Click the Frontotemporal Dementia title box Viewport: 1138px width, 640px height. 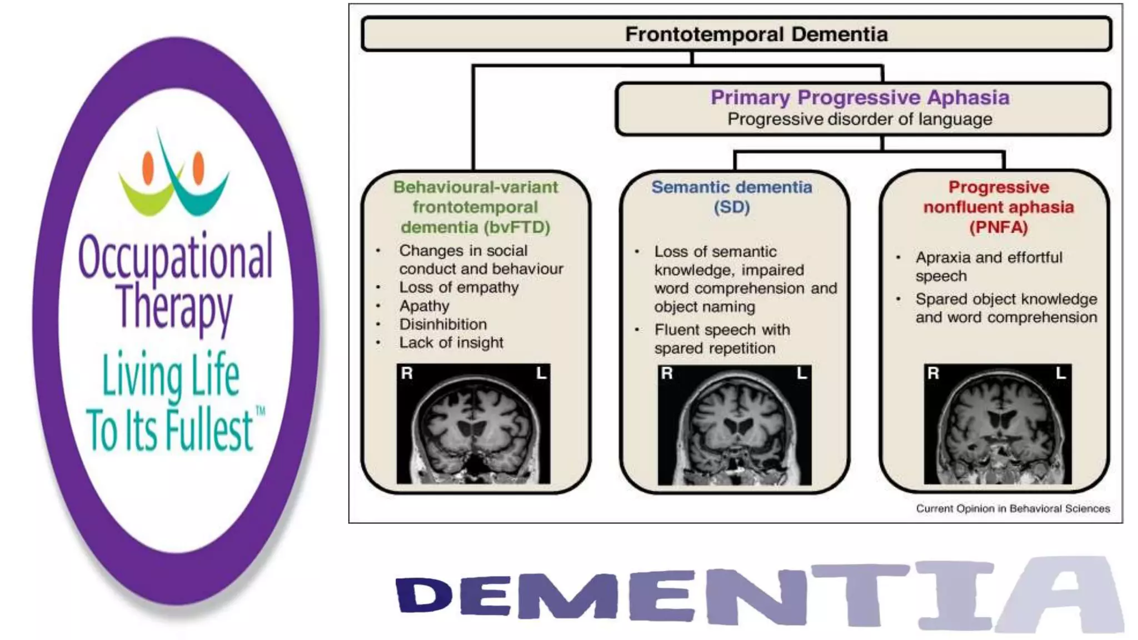(736, 34)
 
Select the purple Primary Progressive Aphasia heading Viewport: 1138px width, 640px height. (860, 97)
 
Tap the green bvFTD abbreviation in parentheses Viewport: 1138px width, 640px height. (517, 227)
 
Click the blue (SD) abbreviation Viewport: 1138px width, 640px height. (732, 207)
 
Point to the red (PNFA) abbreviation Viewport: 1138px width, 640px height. (999, 227)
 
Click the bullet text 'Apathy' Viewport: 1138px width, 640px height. (424, 306)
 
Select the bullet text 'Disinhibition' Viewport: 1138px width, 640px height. (443, 324)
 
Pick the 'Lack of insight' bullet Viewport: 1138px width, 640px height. (451, 343)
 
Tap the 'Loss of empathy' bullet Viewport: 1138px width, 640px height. (459, 288)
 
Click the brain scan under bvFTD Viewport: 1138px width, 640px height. (473, 424)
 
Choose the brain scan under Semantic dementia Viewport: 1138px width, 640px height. (734, 425)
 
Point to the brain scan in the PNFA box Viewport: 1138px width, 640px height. (997, 424)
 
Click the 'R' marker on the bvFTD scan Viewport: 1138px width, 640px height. (407, 373)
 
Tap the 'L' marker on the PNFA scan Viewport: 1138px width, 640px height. (1061, 373)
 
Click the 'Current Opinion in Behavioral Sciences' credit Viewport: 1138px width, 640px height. (1012, 508)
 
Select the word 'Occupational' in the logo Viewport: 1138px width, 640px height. (176, 257)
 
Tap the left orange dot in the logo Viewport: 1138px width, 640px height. (148, 168)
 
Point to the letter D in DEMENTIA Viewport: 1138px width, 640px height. (424, 595)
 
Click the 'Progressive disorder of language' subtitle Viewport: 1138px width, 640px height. (860, 119)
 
